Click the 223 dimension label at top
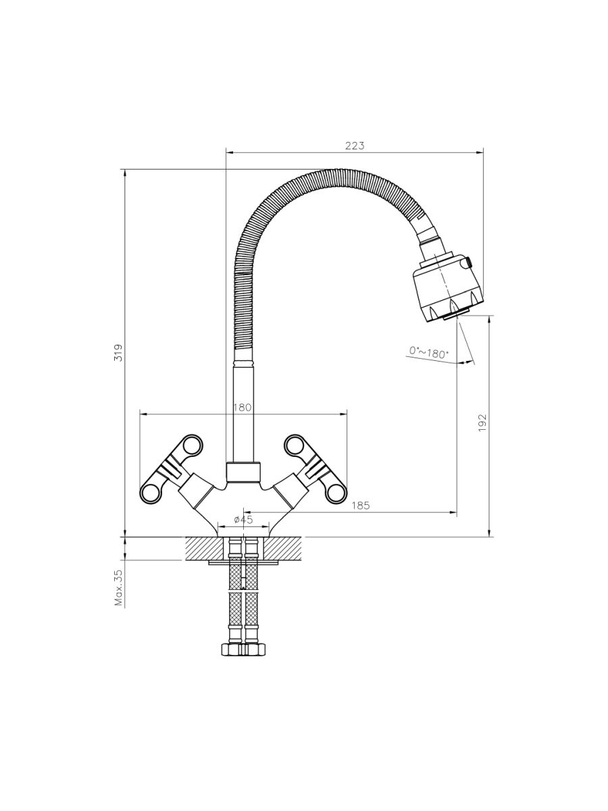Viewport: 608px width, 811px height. [355, 145]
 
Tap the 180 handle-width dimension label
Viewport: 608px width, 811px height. [242, 407]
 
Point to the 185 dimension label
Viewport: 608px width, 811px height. [361, 505]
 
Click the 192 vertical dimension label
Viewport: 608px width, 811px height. [482, 423]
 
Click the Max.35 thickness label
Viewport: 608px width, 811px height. [119, 587]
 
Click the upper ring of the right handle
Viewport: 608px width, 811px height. [295, 445]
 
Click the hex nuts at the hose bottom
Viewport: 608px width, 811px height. [243, 649]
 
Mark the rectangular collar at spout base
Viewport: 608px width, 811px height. [243, 472]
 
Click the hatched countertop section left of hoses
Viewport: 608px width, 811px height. [205, 548]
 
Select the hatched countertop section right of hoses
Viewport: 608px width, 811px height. [282, 548]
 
